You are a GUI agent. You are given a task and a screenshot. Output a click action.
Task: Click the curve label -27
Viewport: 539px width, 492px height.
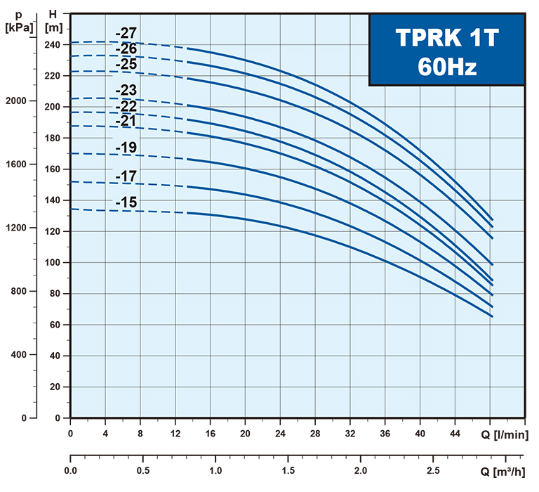pos(127,33)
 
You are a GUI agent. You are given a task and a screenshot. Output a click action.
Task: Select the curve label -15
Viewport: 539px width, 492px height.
pos(127,203)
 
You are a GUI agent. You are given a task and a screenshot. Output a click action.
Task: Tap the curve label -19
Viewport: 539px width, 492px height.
pos(127,147)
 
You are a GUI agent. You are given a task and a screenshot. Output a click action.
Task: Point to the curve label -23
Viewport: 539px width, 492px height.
pos(127,90)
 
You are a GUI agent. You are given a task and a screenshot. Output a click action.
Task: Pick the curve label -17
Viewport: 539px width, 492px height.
pos(127,176)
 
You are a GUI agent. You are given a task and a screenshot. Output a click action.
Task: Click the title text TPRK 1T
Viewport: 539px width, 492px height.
pos(446,38)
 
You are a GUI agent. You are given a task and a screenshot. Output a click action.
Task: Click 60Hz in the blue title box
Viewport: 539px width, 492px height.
pos(446,67)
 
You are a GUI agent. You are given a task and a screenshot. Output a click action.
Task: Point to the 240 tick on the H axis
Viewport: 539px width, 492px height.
pos(53,44)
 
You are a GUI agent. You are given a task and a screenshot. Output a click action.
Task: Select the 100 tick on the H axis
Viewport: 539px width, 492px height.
pos(53,262)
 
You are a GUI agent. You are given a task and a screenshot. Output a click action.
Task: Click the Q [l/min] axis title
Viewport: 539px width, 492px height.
pos(505,434)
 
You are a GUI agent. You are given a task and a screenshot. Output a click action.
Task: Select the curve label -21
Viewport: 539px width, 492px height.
pos(127,121)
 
